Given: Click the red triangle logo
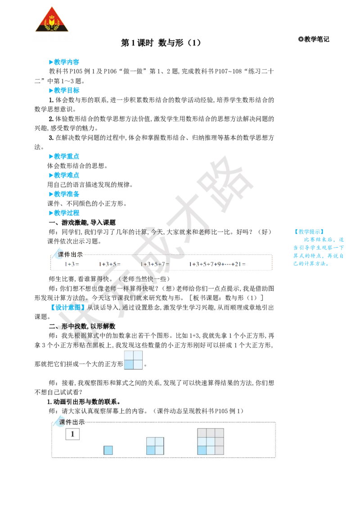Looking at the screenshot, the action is tap(52, 20).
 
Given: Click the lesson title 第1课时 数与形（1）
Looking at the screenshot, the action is tap(161, 43).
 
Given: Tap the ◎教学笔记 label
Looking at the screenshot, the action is tap(314, 39).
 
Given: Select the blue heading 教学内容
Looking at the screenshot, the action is tap(64, 62).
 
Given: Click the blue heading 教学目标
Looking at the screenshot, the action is tap(64, 90).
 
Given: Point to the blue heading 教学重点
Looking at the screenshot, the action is tap(64, 156).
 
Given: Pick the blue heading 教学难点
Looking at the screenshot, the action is tap(64, 175).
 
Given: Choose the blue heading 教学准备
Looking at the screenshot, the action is tap(64, 194).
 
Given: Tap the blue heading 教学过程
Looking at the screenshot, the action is tap(64, 213).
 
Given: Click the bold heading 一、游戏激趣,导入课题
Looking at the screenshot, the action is tap(82, 223).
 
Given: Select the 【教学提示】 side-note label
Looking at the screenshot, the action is tap(309, 232).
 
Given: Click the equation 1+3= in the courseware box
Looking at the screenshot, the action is tap(72, 264).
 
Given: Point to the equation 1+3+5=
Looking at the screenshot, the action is tap(109, 264).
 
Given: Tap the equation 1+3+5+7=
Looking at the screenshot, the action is tap(155, 264).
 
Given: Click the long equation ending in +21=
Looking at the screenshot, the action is tap(217, 264).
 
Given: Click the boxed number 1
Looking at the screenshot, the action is tap(72, 434).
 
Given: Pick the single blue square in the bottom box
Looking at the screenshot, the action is tap(108, 450).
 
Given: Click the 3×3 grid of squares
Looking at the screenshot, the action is tap(211, 442).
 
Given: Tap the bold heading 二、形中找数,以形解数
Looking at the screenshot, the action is tap(82, 326).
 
